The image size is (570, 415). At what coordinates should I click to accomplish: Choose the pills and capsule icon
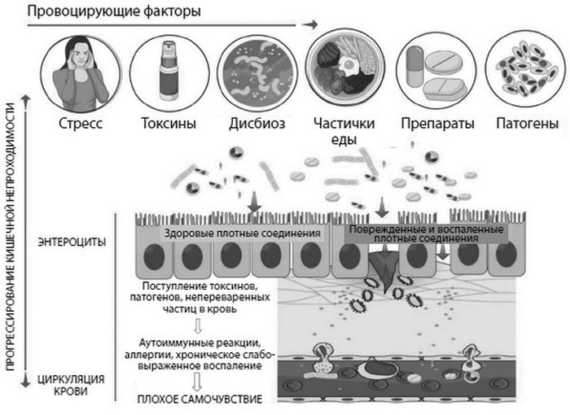click(x=438, y=71)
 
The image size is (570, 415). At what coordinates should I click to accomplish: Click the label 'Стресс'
click(x=81, y=124)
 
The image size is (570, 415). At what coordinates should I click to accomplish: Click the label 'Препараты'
click(x=438, y=124)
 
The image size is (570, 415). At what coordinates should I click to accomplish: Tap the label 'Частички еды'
click(x=344, y=131)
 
